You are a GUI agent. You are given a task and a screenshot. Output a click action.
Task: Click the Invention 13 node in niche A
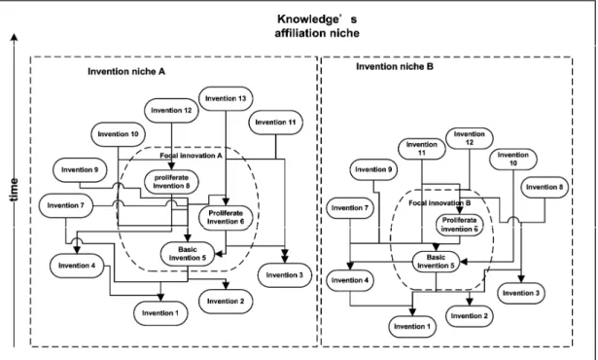point(226,98)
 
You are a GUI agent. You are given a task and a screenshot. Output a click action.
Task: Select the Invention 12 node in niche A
point(171,110)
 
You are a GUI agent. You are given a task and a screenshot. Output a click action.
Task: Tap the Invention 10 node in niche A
point(118,134)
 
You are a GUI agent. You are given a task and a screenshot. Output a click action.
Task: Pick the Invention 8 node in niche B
point(545,187)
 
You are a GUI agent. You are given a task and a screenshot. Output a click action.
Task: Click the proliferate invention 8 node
point(171,182)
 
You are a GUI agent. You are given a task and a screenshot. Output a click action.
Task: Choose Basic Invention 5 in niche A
point(188,254)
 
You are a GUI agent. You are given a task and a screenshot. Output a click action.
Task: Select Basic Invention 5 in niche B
point(436,262)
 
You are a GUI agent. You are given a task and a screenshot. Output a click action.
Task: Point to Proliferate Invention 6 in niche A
point(226,218)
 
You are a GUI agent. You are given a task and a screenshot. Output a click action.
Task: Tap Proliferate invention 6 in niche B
point(460,225)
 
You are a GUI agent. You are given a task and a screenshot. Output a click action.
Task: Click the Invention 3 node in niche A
point(285,275)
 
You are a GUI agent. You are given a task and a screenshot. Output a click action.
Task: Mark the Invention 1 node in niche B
point(412,327)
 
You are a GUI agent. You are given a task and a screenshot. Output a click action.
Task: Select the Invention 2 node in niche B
point(469,316)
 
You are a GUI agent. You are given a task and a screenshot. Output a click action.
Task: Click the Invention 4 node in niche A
point(77,266)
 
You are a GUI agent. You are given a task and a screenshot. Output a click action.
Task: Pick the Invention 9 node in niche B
point(373,169)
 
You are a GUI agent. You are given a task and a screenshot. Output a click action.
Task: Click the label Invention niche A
point(126,72)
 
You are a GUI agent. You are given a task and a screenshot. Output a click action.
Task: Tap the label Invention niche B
point(395,67)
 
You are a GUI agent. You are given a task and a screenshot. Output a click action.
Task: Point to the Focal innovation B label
point(440,203)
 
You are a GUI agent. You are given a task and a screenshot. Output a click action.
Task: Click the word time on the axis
point(15,190)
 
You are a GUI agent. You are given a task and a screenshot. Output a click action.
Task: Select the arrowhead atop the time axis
point(15,37)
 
